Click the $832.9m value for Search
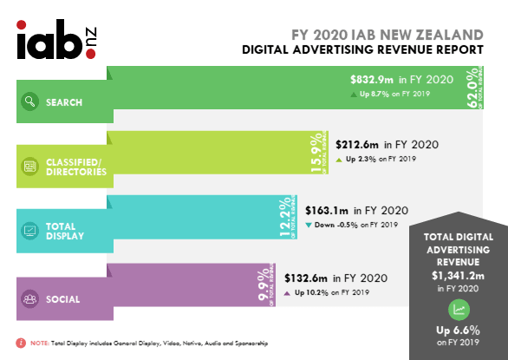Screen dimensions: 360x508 click(x=373, y=79)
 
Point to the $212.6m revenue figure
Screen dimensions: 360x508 click(x=357, y=145)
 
